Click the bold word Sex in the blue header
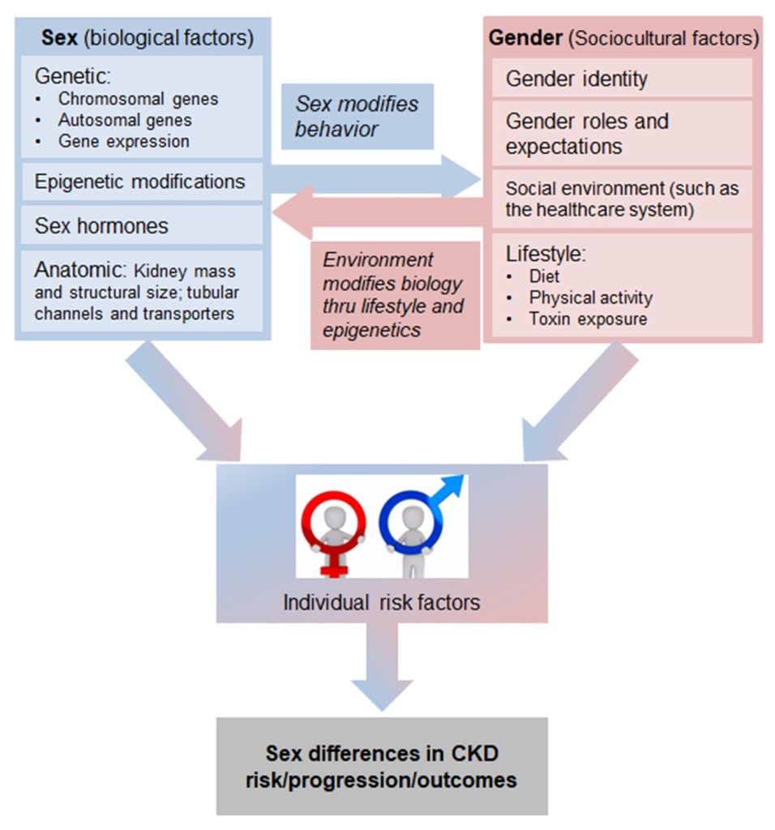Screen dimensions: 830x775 point(56,37)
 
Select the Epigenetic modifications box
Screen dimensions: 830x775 point(139,181)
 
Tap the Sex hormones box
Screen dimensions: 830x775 point(101,225)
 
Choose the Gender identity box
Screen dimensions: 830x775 point(576,79)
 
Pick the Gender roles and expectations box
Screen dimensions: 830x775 point(587,134)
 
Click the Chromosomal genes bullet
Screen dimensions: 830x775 point(138,99)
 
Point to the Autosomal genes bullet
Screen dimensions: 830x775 point(125,120)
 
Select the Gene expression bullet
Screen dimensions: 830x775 point(123,141)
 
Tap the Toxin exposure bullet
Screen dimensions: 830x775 point(588,319)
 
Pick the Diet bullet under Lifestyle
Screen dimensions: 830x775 point(544,276)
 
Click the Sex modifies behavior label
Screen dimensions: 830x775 point(357,116)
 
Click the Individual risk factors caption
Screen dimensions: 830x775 point(381,603)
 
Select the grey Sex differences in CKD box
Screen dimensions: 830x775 point(381,766)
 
